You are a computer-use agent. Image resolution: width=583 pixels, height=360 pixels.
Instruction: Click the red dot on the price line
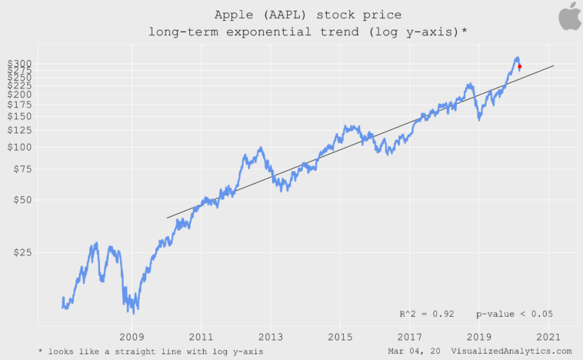tap(520, 66)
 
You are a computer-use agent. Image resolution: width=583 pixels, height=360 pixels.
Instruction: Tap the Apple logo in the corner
tap(570, 16)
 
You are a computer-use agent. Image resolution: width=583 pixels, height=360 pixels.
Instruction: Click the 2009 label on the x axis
tap(132, 337)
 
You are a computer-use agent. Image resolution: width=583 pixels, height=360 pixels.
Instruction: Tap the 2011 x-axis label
tap(202, 337)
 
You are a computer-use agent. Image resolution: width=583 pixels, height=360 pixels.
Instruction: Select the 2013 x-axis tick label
tap(271, 337)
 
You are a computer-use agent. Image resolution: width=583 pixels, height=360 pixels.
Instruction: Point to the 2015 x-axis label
tap(340, 337)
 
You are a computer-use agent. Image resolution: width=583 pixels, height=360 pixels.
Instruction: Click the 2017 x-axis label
tap(410, 337)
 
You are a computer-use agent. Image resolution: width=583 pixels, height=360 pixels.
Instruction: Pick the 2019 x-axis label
tap(479, 337)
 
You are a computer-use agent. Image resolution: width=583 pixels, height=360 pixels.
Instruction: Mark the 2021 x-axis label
tap(548, 337)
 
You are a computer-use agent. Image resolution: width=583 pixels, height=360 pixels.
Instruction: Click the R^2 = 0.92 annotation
tap(426, 314)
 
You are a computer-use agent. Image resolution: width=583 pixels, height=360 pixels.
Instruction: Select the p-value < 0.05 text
tap(514, 314)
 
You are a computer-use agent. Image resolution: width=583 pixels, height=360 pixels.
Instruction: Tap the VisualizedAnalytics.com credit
tap(511, 351)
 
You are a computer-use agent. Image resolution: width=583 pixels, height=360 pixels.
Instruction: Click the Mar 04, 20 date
tap(415, 351)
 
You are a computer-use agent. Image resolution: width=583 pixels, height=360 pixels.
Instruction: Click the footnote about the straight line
tap(151, 351)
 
